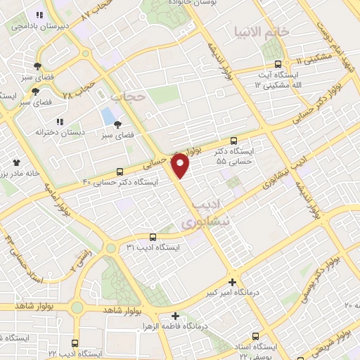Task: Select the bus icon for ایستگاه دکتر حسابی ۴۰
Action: click(120, 172)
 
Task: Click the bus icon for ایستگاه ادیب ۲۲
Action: click(75, 343)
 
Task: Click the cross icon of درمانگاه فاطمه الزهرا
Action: click(176, 316)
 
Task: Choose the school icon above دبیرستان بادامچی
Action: click(40, 15)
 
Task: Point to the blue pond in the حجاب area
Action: click(108, 115)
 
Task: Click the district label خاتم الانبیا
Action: click(259, 32)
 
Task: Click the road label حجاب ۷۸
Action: click(78, 91)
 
